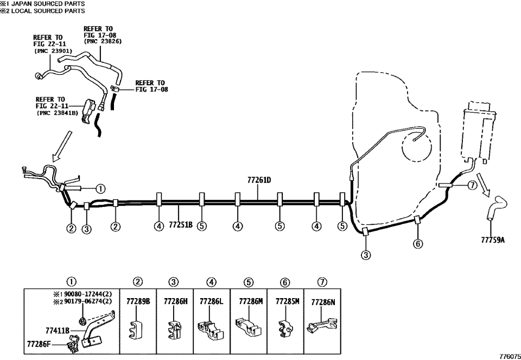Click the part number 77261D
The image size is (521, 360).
[259, 180]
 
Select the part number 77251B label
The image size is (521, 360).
[180, 225]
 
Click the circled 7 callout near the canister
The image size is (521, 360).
[472, 186]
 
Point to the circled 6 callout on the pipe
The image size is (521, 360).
[418, 244]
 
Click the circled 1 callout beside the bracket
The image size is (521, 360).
[100, 189]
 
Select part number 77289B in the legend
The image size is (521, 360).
[138, 301]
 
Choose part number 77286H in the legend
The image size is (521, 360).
[176, 301]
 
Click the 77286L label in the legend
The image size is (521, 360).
[212, 301]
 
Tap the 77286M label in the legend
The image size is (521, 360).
[251, 301]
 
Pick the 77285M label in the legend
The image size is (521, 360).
[288, 301]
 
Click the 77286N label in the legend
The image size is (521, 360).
[323, 302]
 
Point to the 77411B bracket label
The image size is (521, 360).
[58, 331]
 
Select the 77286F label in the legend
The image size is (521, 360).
[39, 343]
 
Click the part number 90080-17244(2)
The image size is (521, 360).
[82, 294]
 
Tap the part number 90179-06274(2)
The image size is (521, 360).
[82, 301]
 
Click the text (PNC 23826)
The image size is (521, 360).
[103, 42]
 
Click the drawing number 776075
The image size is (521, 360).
[510, 356]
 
